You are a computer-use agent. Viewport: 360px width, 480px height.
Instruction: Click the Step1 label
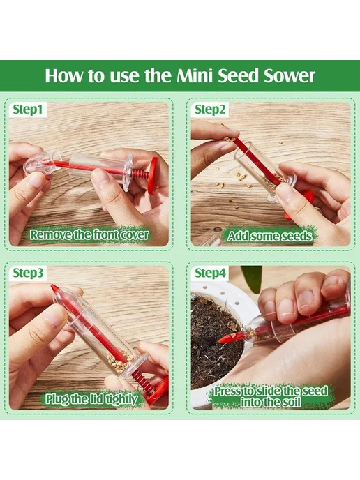point(28,110)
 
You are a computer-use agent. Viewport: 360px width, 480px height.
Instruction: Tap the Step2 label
point(210,110)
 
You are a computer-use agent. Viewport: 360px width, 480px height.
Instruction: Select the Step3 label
point(28,273)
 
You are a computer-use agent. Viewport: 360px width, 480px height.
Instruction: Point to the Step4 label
point(210,273)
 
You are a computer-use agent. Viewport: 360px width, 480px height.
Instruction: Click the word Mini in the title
point(194,75)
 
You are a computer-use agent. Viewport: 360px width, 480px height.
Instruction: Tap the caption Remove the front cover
point(89,235)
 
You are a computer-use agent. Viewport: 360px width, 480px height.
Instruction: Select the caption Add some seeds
point(270,236)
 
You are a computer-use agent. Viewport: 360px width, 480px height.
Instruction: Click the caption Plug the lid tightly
point(91,399)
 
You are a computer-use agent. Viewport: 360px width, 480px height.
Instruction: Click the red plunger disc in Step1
point(153,175)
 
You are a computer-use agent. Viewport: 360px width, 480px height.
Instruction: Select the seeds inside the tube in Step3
point(119,359)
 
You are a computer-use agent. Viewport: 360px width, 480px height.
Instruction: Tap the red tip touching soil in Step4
point(229,338)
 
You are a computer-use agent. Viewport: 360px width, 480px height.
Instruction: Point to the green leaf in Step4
point(251,278)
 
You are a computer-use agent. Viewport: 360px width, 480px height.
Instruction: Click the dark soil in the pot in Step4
point(213,340)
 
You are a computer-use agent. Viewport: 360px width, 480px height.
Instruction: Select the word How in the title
point(63,75)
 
